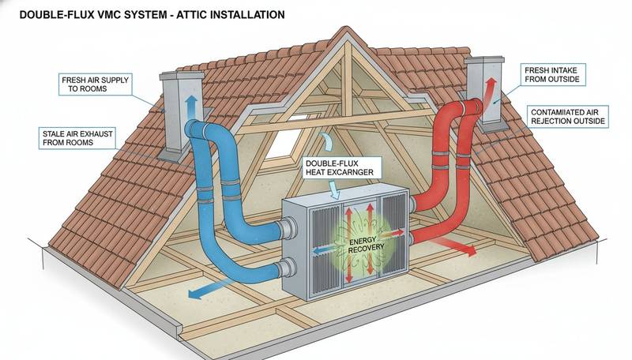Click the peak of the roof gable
344,33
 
